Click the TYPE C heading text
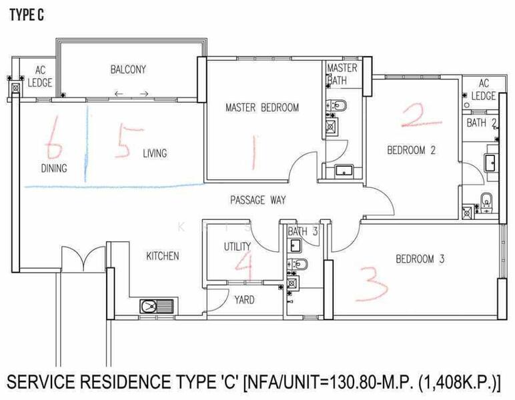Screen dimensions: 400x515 tap(27, 16)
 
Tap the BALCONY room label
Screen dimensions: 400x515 tap(128, 69)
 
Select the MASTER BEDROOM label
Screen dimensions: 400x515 tap(262, 107)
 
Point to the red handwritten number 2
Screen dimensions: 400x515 tap(421, 117)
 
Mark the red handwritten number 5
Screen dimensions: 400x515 tap(123, 141)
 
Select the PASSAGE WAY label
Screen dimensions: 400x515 tap(257, 200)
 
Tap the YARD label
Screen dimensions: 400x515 tap(244, 300)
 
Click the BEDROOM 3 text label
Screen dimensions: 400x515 tap(420, 259)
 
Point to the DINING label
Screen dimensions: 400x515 tap(53, 169)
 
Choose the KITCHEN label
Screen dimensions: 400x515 tap(163, 256)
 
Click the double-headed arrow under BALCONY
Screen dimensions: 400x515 tap(131, 94)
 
